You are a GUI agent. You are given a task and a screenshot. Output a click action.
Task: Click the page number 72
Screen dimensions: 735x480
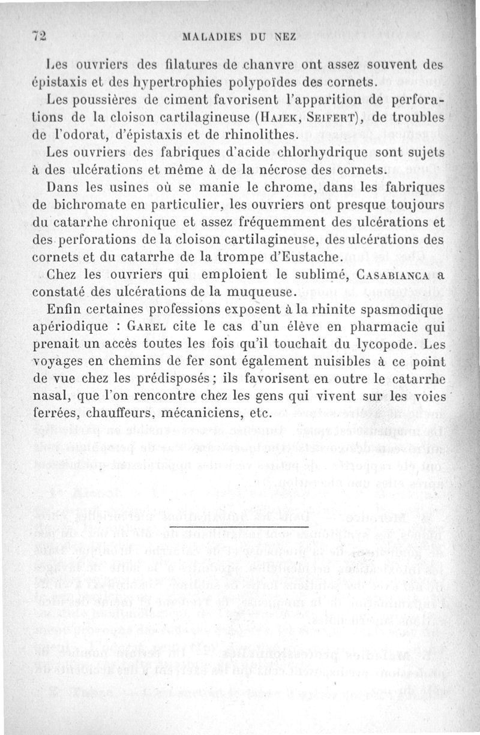[x=39, y=35]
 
